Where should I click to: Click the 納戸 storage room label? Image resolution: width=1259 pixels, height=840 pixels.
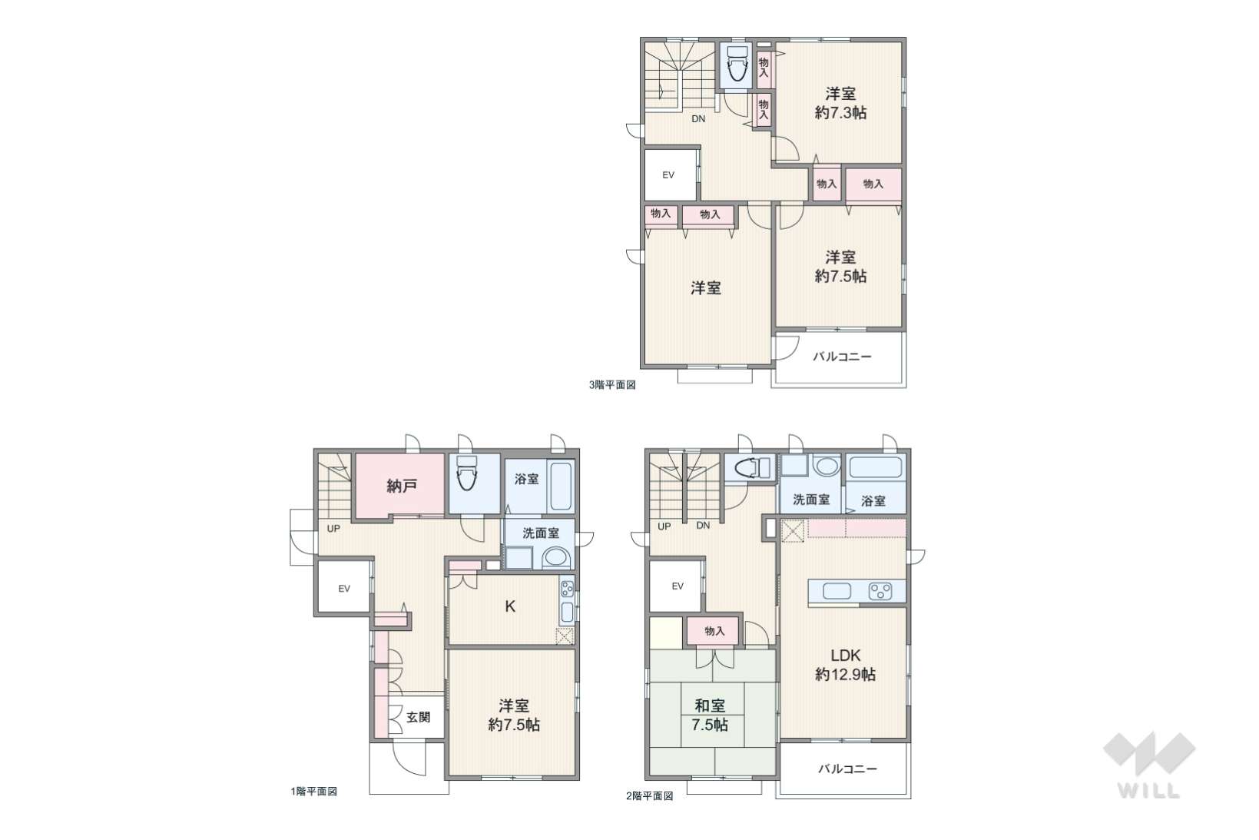[402, 485]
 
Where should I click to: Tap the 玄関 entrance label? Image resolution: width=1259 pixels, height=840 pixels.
[418, 717]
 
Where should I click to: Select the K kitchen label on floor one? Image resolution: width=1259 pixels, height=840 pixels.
[510, 606]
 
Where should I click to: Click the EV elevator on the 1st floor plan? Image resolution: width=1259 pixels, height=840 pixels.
[344, 589]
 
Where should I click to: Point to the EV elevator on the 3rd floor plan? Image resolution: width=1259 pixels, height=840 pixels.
[668, 175]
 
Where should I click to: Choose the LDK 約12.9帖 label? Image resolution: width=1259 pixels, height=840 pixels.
[845, 664]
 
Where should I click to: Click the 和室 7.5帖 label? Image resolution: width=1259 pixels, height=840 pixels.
[710, 715]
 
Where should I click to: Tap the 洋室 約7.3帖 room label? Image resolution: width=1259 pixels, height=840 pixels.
[841, 103]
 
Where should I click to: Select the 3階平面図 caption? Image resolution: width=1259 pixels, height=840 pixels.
[612, 385]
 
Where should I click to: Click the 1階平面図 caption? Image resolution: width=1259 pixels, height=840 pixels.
[313, 792]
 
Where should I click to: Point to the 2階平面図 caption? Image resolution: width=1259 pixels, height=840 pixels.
[650, 796]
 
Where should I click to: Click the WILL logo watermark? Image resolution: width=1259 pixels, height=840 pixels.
[1149, 765]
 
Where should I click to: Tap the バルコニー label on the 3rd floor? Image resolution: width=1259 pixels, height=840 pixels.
[842, 357]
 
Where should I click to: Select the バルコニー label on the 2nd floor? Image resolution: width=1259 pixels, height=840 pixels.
[847, 769]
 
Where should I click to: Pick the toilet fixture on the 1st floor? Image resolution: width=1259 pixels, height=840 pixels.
[466, 473]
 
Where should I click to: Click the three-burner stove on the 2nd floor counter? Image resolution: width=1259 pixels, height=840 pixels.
[880, 592]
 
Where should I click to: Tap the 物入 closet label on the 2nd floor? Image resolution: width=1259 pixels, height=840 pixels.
[714, 632]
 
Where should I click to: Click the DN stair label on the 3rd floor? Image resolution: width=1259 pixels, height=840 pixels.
[698, 119]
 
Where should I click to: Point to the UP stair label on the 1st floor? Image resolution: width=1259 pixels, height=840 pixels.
[333, 529]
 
